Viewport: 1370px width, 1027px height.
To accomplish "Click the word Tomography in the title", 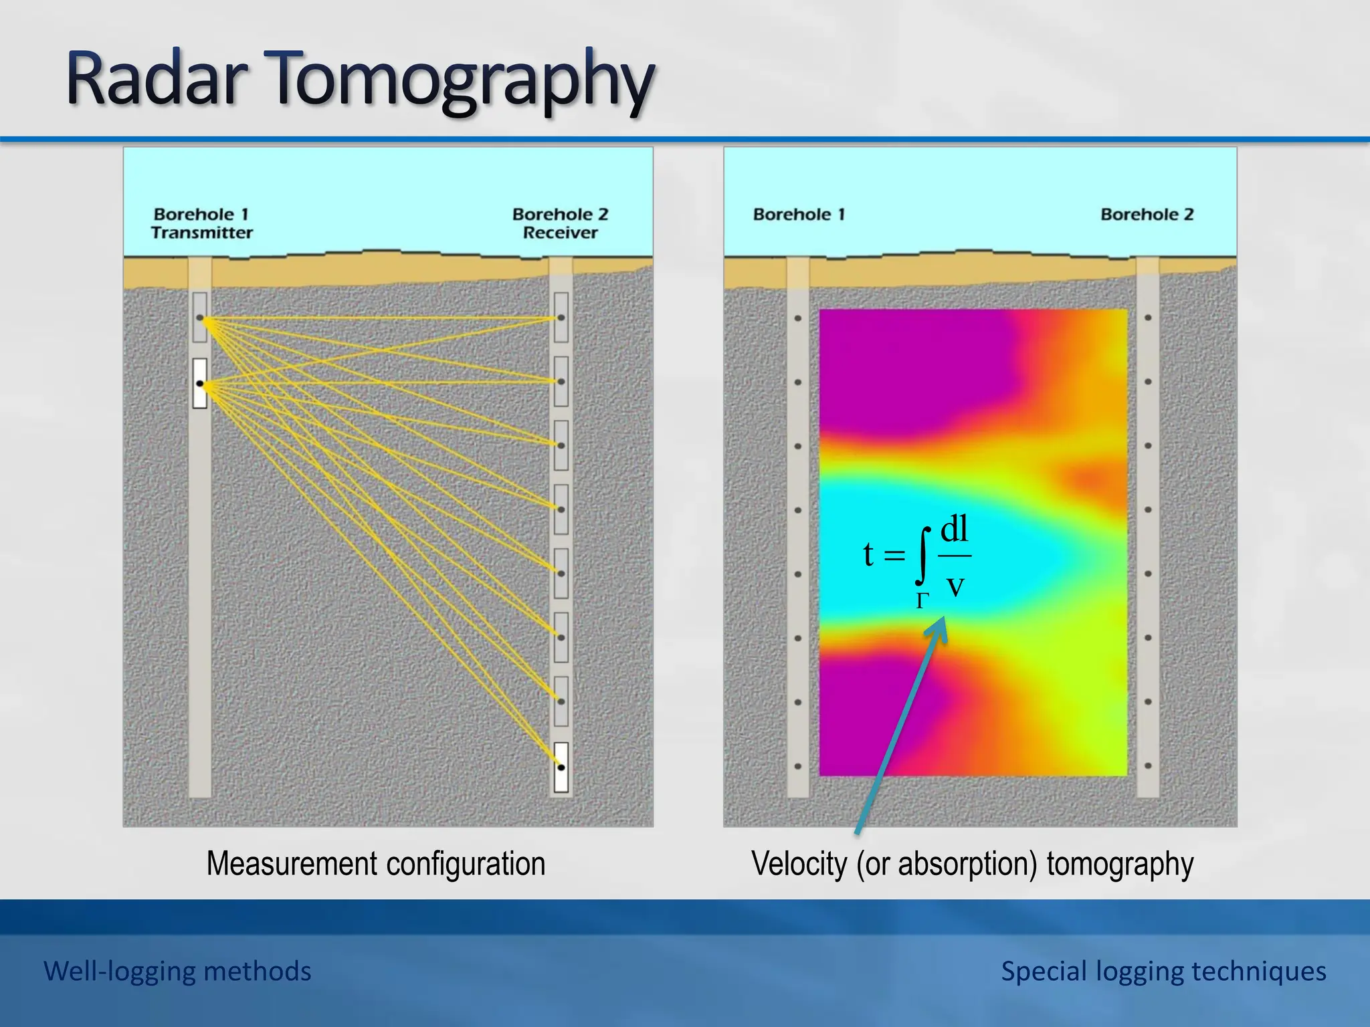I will (462, 82).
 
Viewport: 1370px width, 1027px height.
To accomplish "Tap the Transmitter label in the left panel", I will (201, 233).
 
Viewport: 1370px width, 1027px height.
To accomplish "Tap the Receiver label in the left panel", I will (560, 233).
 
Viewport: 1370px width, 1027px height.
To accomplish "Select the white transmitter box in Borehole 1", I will (199, 383).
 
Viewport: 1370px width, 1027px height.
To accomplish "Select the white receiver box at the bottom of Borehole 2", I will (561, 767).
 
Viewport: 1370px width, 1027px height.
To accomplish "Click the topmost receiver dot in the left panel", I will (561, 318).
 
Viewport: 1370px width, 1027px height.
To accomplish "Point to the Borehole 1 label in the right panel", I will (799, 215).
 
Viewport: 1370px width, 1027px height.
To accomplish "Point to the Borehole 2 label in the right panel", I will (1147, 215).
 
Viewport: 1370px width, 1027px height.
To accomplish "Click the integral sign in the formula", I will (923, 555).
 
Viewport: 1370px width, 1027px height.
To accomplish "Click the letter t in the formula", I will (868, 554).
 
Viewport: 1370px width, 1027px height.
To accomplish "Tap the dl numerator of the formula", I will (954, 530).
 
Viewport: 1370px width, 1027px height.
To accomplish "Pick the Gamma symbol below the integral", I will (922, 601).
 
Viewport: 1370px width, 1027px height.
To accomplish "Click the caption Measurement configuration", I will (375, 863).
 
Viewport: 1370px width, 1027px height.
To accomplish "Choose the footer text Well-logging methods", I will (177, 971).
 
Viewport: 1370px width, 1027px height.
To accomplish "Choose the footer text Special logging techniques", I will (1163, 971).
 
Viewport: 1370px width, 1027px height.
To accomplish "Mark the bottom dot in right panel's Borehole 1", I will (797, 766).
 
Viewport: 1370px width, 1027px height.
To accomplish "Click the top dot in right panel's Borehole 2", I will (1148, 318).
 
